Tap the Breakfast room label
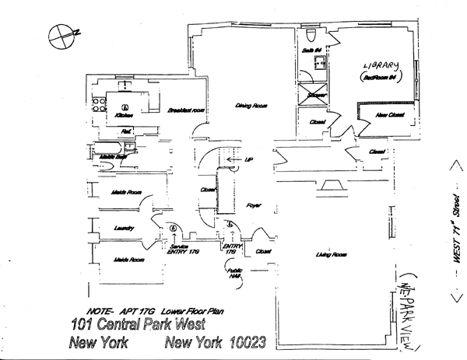pyautogui.click(x=184, y=110)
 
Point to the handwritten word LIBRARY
pyautogui.click(x=382, y=66)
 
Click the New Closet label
pyautogui.click(x=387, y=115)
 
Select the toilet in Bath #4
pyautogui.click(x=311, y=35)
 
